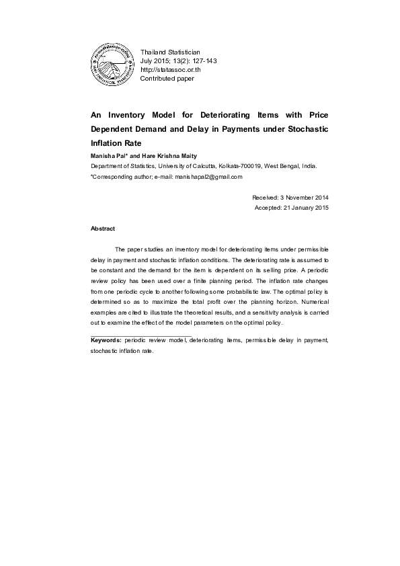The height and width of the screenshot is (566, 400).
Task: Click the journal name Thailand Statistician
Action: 170,52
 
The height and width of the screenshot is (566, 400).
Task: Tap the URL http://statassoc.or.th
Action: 171,70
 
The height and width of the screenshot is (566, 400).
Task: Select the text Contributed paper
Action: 167,79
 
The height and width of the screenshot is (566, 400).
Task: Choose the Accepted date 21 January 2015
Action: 303,208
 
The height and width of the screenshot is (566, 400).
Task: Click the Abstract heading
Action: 102,229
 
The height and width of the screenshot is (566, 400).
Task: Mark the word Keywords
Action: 106,341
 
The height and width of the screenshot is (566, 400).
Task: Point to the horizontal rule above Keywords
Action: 141,335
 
